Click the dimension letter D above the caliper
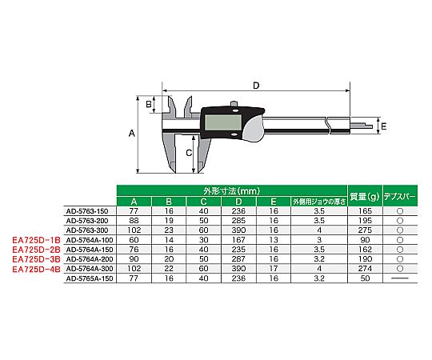click(256, 86)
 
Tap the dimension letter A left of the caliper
click(132, 134)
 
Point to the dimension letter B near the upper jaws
click(149, 104)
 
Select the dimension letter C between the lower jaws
click(189, 153)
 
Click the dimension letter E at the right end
click(383, 126)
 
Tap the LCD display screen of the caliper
click(223, 123)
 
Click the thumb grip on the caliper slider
click(253, 130)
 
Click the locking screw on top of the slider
click(234, 104)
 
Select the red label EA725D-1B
click(36, 240)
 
